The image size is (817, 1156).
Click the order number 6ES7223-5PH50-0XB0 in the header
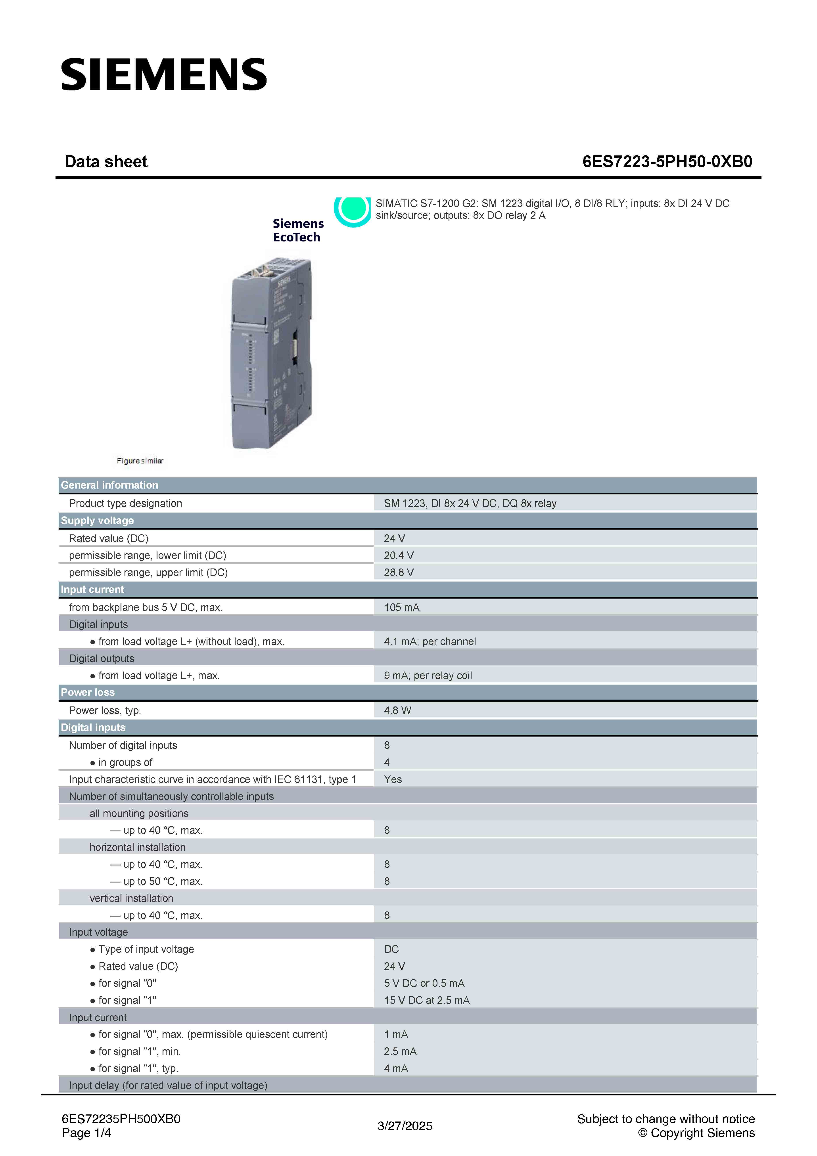(x=667, y=162)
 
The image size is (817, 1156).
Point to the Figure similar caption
(x=140, y=461)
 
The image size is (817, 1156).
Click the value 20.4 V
(x=398, y=555)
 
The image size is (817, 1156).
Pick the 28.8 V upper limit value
(x=398, y=572)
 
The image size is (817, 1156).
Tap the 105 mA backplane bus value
(x=401, y=607)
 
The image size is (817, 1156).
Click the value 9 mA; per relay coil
(x=428, y=676)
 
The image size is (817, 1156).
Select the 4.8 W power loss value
(x=397, y=710)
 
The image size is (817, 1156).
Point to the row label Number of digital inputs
(x=123, y=745)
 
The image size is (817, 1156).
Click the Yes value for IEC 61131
(x=393, y=779)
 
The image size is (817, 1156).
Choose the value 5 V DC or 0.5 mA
(x=424, y=983)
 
